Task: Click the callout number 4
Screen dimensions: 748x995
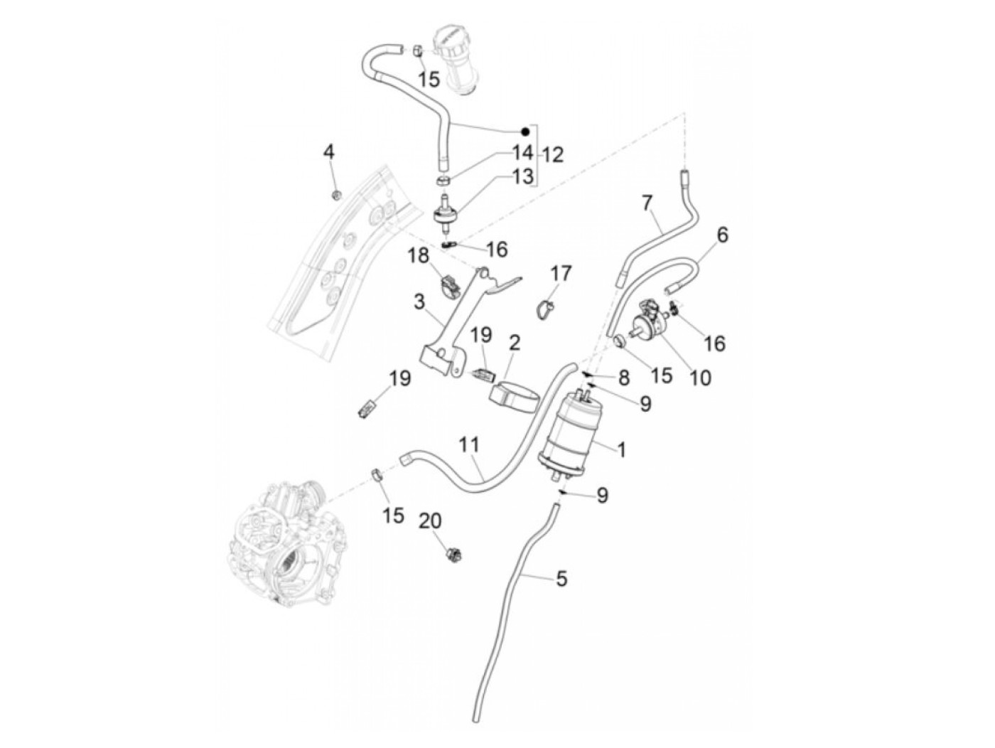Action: coord(328,151)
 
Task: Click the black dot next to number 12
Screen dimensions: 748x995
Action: coord(524,132)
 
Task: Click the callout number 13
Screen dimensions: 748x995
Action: coord(522,176)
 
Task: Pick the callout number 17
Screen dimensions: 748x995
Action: coord(561,273)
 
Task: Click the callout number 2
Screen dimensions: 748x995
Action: coord(515,343)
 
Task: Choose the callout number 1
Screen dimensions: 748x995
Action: coord(620,450)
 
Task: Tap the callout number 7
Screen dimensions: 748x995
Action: coord(646,203)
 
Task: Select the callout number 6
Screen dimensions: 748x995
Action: coord(722,234)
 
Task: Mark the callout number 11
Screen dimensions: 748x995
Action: coord(469,446)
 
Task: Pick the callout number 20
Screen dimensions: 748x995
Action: coord(429,521)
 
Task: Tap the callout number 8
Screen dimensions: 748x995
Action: coord(623,378)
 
